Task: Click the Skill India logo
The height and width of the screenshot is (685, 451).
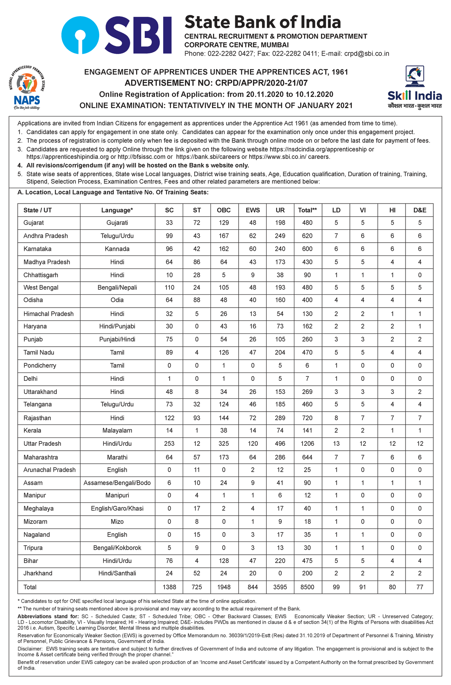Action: click(x=415, y=87)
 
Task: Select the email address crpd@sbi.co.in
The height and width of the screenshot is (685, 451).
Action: click(x=366, y=54)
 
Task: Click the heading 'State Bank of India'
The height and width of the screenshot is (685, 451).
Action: click(x=262, y=23)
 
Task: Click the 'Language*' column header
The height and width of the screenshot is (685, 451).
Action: click(x=117, y=210)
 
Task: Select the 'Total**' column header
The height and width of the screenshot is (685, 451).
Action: click(x=307, y=210)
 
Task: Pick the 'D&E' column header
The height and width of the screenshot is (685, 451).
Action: click(x=420, y=210)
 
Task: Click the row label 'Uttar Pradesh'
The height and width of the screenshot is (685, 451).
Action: click(x=42, y=444)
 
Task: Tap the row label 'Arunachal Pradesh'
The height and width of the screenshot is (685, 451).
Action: click(x=49, y=470)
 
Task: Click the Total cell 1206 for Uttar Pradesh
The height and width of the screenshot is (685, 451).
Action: click(x=307, y=444)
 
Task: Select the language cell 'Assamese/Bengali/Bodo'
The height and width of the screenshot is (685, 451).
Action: click(x=117, y=483)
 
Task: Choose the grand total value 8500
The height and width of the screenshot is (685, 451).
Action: click(x=307, y=587)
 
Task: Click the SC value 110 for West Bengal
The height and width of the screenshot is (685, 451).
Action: click(x=170, y=288)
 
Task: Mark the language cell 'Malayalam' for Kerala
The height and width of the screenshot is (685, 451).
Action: click(x=117, y=430)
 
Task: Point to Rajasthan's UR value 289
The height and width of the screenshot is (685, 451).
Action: click(x=280, y=418)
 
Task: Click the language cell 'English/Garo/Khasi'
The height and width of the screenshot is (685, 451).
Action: click(x=117, y=508)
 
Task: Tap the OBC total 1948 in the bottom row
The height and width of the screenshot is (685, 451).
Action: click(x=224, y=587)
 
